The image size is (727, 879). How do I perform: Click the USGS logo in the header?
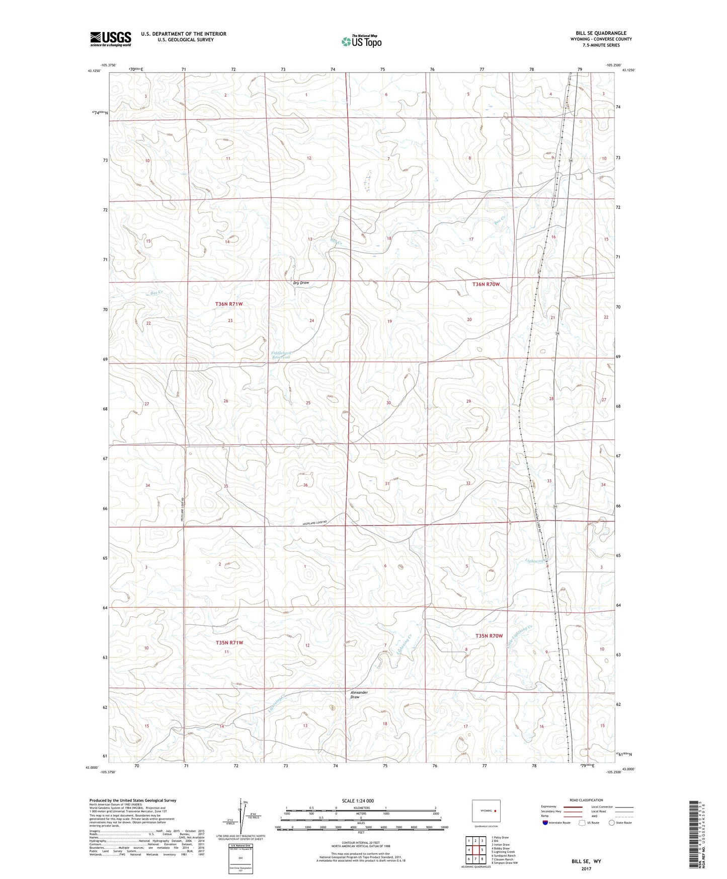pyautogui.click(x=110, y=39)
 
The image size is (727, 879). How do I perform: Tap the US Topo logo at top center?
pyautogui.click(x=361, y=41)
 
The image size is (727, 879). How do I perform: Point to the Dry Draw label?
pyautogui.click(x=301, y=283)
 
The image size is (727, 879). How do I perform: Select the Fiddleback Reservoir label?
pyautogui.click(x=281, y=355)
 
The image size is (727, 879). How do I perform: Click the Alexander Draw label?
pyautogui.click(x=359, y=695)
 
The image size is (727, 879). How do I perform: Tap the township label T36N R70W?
pyautogui.click(x=486, y=284)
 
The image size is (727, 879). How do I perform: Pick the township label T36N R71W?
pyautogui.click(x=229, y=304)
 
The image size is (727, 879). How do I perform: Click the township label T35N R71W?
pyautogui.click(x=229, y=642)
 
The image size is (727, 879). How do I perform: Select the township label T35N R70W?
pyautogui.click(x=489, y=636)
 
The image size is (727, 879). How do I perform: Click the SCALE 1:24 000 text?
pyautogui.click(x=358, y=801)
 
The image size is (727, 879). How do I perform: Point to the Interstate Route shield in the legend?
pyautogui.click(x=546, y=823)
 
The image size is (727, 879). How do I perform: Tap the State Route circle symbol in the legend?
pyautogui.click(x=612, y=823)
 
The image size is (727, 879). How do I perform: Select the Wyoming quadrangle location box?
pyautogui.click(x=486, y=811)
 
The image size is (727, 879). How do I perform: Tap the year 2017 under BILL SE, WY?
pyautogui.click(x=586, y=869)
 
